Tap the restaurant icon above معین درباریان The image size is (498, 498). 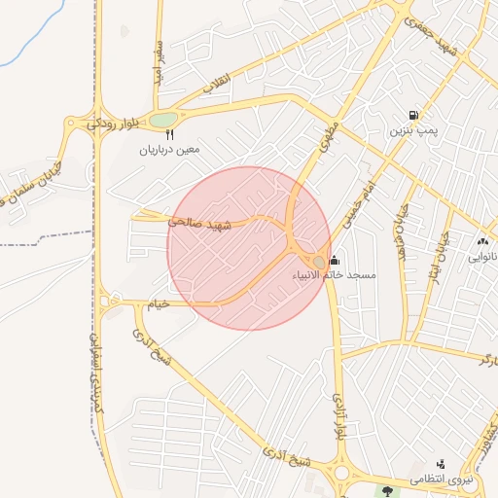pyautogui.click(x=169, y=135)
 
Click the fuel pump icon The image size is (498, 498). pyautogui.click(x=415, y=114)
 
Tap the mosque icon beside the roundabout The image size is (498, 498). pyautogui.click(x=335, y=260)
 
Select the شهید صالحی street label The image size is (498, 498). pyautogui.click(x=201, y=223)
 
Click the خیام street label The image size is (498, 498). pyautogui.click(x=158, y=304)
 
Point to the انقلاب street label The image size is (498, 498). pyautogui.click(x=216, y=88)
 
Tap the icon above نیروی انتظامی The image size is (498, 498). pyautogui.click(x=442, y=464)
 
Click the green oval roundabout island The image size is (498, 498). pyautogui.click(x=163, y=120)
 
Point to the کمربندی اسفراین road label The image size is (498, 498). pyautogui.click(x=97, y=374)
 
